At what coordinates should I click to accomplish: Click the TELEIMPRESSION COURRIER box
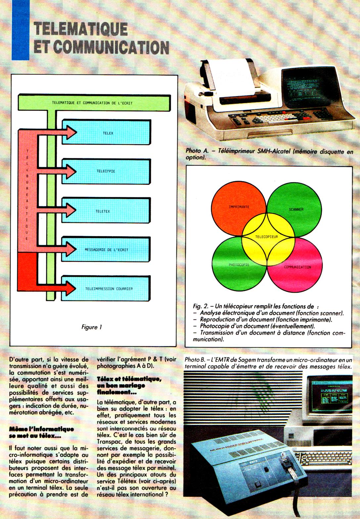tap(109, 289)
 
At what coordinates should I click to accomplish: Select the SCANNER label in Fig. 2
tap(296, 209)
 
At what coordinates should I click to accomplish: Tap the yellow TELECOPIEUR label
tap(267, 237)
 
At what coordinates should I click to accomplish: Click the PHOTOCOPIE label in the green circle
tap(239, 265)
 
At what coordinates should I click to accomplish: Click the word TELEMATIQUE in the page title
tap(81, 29)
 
